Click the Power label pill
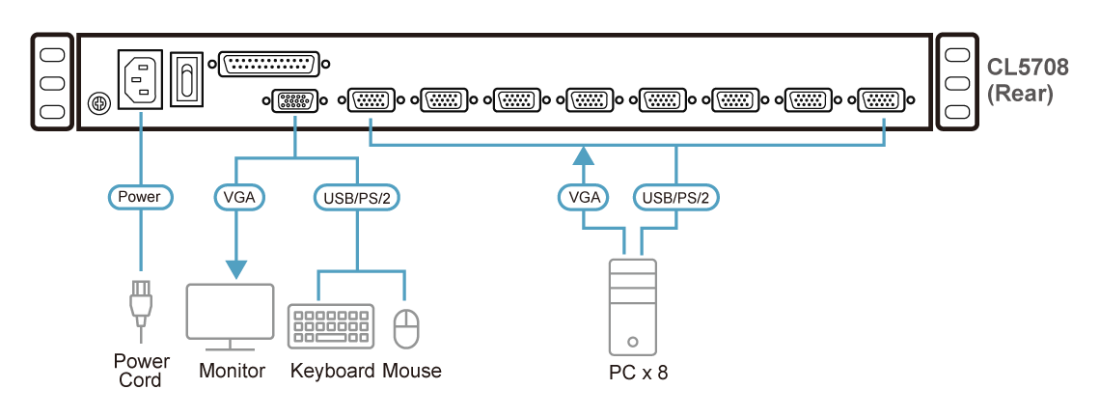point(139,197)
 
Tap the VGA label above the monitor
point(237,197)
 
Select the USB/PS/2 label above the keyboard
point(357,197)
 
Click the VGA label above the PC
point(584,197)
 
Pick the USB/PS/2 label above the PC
point(675,197)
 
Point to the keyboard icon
point(331,325)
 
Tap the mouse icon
point(405,327)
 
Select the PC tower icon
point(632,306)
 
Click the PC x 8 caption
point(632,372)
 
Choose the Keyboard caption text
point(333,371)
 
